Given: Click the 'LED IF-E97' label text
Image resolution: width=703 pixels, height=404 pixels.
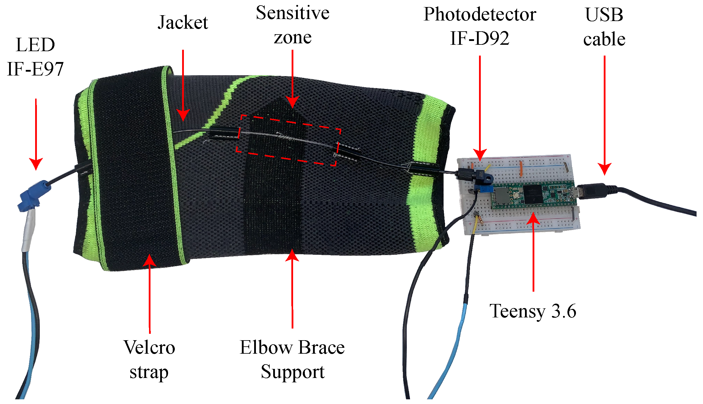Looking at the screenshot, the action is [35, 57].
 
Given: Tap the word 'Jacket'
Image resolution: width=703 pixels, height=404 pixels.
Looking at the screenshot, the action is [183, 23].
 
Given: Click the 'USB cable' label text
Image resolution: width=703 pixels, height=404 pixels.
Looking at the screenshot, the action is [604, 27].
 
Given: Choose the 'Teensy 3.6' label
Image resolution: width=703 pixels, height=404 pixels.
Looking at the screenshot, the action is [533, 311].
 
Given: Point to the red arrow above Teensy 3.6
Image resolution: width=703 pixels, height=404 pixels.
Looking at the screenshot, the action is [533, 252].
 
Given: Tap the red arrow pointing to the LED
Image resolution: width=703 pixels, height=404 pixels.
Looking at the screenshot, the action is [36, 135].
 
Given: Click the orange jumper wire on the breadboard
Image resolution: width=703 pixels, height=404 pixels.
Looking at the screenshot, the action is [521, 169].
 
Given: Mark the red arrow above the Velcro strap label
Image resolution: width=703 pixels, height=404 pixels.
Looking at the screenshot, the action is [150, 293].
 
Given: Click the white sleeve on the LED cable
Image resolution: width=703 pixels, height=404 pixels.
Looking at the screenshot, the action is [29, 231].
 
